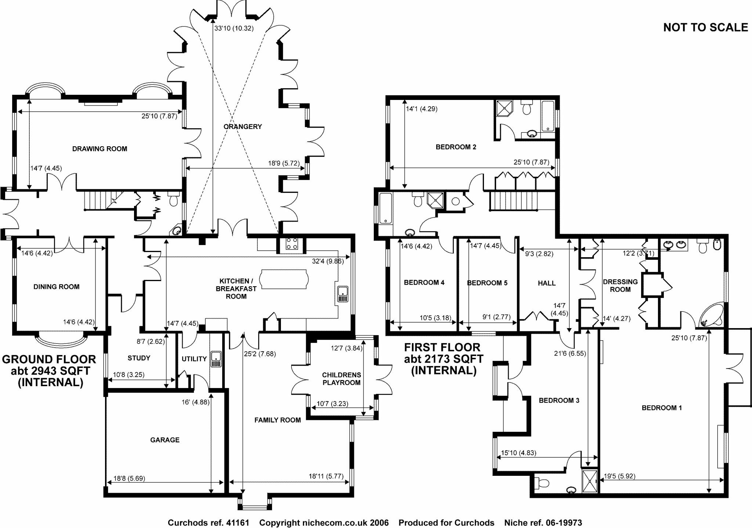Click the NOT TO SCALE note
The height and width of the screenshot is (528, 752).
705,27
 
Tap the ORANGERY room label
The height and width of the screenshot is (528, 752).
243,126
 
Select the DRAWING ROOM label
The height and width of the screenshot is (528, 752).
100,149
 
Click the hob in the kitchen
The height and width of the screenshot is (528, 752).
292,244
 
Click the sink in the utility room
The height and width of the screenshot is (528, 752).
216,359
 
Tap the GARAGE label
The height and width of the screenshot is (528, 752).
165,440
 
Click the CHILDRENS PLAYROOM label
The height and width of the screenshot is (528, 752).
341,379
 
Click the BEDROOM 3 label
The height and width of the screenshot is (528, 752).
559,400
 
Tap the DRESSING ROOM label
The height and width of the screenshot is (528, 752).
620,285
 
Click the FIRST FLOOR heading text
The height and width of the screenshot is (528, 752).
442,347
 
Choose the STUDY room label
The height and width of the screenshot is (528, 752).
139,358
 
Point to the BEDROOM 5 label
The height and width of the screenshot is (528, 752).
487,283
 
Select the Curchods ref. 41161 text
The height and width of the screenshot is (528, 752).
209,522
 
